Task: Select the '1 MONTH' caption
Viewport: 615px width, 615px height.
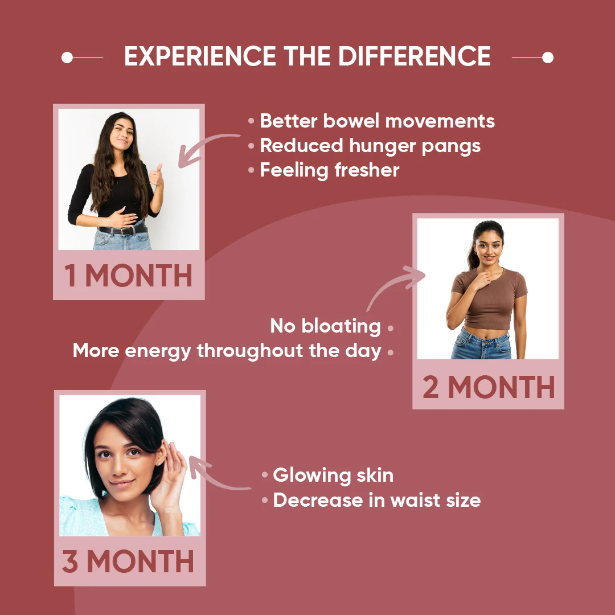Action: point(129,276)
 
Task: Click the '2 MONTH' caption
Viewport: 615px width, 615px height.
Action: point(489,388)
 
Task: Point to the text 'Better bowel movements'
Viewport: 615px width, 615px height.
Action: point(377,121)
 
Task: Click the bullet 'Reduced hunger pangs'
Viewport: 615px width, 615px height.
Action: point(370,145)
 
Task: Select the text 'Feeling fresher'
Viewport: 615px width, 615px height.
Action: point(330,170)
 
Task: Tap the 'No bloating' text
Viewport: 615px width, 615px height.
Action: point(325,326)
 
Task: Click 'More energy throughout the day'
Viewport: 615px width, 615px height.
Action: point(227,351)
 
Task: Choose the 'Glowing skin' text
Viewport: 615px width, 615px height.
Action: point(333,475)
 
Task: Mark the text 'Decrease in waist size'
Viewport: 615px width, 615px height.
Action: point(376,500)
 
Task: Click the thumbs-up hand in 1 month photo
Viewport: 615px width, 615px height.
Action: point(155,176)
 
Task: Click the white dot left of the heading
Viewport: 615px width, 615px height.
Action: point(67,58)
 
